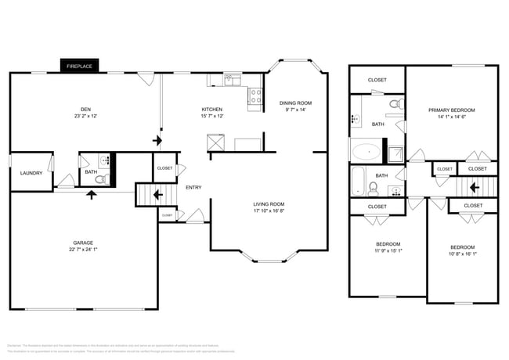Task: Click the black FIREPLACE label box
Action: pyautogui.click(x=79, y=67)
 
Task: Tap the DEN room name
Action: pyautogui.click(x=87, y=109)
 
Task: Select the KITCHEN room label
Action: pyautogui.click(x=212, y=109)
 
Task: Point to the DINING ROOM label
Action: pyautogui.click(x=295, y=103)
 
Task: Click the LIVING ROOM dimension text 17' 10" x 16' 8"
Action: pyautogui.click(x=269, y=211)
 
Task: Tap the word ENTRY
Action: pyautogui.click(x=193, y=187)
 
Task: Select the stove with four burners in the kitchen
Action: pyautogui.click(x=254, y=95)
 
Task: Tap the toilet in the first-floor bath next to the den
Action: pyautogui.click(x=100, y=179)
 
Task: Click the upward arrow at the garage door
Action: pyautogui.click(x=92, y=193)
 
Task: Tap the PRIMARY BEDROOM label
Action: pyautogui.click(x=451, y=110)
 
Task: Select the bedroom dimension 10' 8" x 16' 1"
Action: pyautogui.click(x=462, y=253)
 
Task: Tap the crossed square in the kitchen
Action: pyautogui.click(x=215, y=142)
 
